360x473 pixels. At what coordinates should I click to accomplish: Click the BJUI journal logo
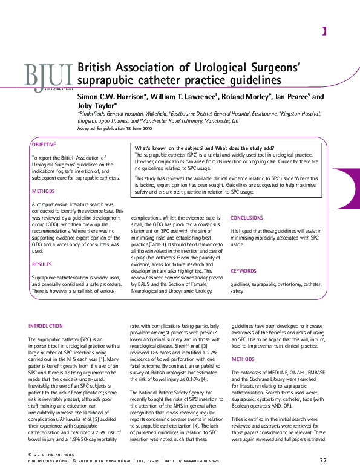click(48, 76)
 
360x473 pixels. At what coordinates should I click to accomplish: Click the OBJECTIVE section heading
click(44, 145)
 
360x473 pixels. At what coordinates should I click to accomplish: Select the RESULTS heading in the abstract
click(42, 264)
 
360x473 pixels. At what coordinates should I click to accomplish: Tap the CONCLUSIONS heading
click(247, 218)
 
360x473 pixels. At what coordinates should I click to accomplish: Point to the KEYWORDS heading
click(243, 271)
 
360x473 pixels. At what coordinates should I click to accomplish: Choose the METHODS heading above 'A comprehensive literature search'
click(43, 192)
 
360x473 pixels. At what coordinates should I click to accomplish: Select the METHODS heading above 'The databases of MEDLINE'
click(244, 359)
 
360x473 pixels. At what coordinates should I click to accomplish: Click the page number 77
click(323, 461)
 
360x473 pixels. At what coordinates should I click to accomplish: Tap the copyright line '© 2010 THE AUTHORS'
click(50, 454)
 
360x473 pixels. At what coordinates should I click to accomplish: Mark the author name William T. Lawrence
click(182, 97)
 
